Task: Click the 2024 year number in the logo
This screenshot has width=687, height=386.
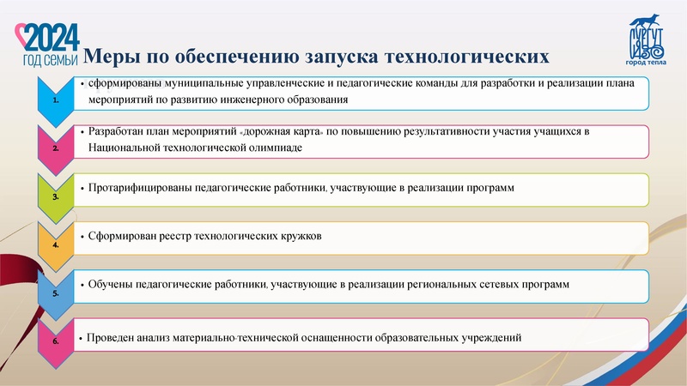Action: click(x=53, y=37)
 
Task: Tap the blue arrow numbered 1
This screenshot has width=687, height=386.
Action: click(x=56, y=100)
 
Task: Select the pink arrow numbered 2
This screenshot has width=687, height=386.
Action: click(x=56, y=148)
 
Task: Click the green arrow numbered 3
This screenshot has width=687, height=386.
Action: click(x=56, y=196)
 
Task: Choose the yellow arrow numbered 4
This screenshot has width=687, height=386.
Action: click(x=56, y=244)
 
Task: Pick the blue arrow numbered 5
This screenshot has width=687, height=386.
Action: click(x=56, y=292)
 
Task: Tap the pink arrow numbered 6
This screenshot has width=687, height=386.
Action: click(x=56, y=340)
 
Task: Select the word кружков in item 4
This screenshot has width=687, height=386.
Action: click(x=300, y=235)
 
